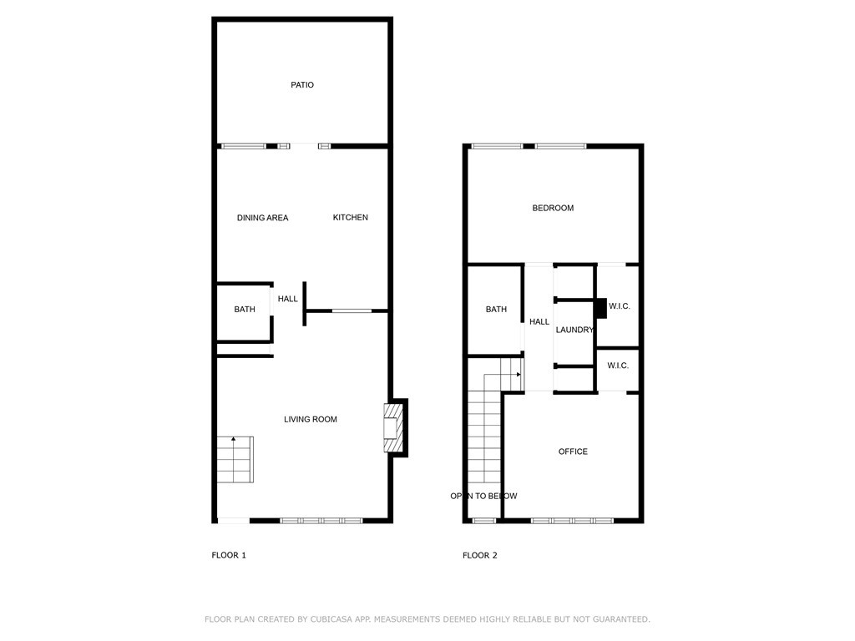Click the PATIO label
point(302,85)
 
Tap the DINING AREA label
point(262,218)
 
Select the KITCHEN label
point(350,218)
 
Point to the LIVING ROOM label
point(311,419)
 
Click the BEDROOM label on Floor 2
point(553,208)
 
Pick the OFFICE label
point(573,452)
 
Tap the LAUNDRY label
point(574,330)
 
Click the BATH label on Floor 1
point(245,309)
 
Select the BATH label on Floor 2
point(496,309)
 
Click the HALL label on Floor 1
point(287,299)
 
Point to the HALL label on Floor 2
point(539,321)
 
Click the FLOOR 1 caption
point(229,555)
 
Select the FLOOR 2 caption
point(480,555)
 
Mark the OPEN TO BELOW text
point(483,496)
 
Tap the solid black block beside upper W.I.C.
point(600,308)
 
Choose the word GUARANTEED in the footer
point(621,619)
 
